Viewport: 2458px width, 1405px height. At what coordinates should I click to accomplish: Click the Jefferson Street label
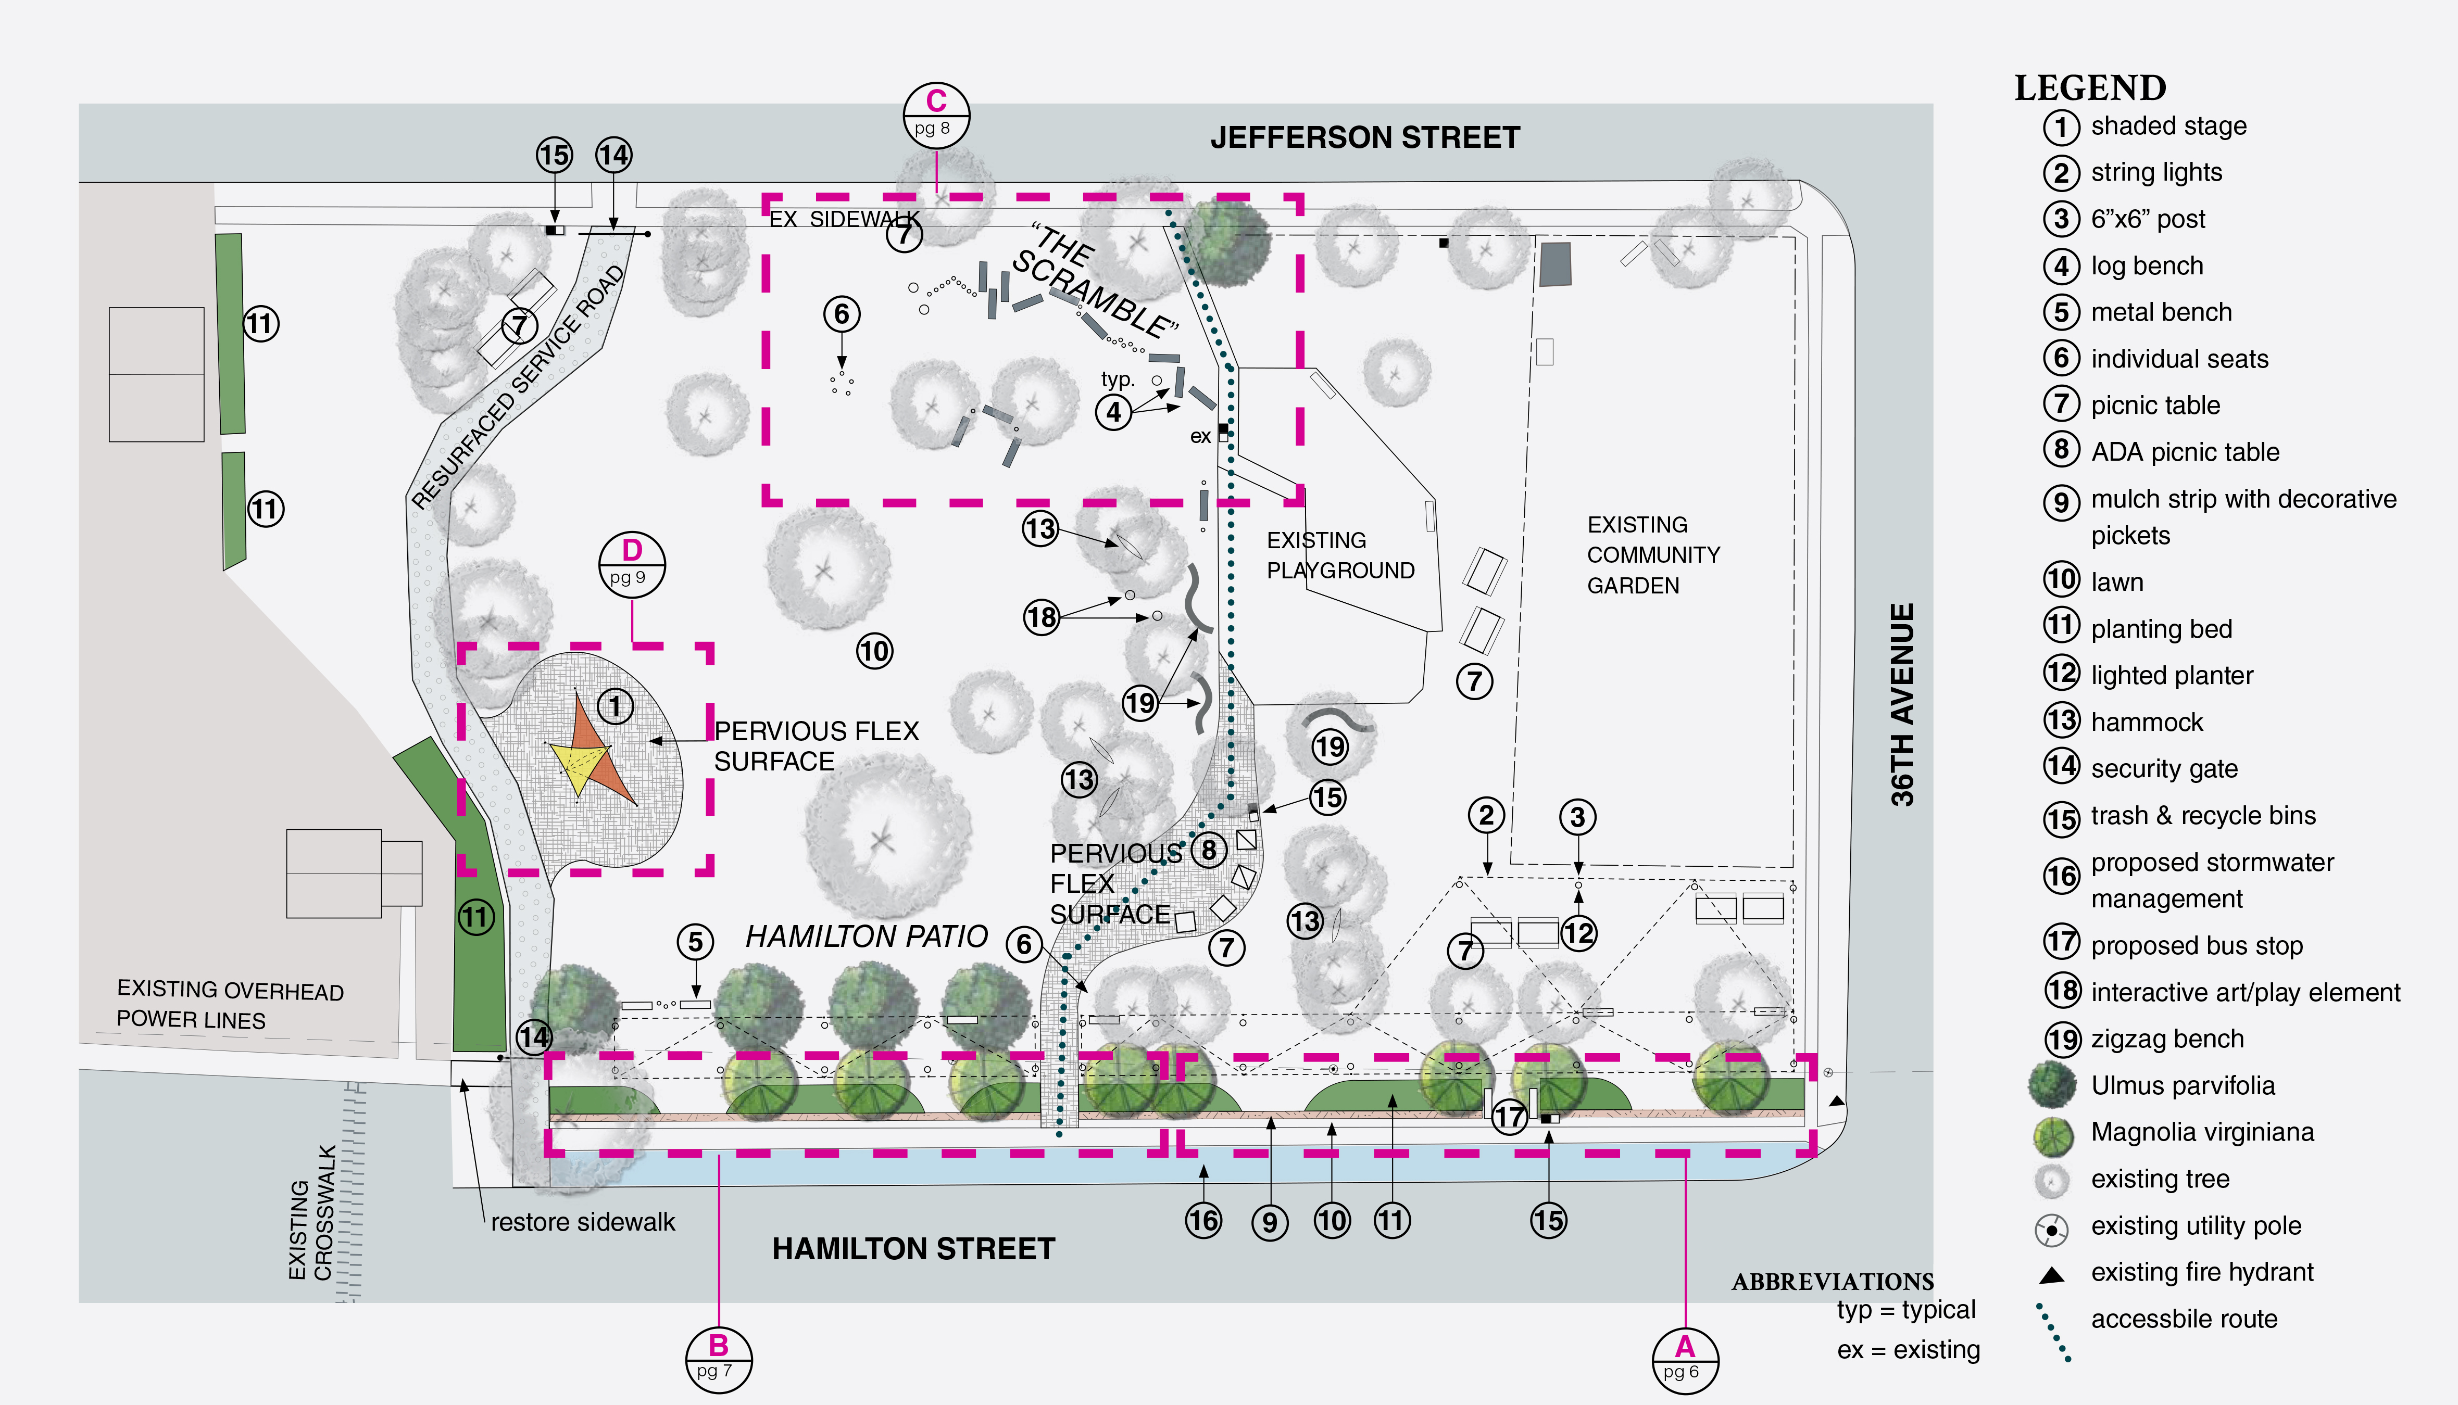[1364, 138]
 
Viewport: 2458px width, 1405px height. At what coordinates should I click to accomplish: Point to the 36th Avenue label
[1901, 704]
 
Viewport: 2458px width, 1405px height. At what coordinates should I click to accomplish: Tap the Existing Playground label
[1340, 555]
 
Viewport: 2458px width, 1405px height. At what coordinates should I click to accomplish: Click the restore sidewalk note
[583, 1223]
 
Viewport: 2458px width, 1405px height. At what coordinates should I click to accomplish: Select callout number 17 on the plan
[1509, 1118]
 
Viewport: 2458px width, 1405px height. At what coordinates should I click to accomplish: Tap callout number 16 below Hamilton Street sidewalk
[1202, 1221]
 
